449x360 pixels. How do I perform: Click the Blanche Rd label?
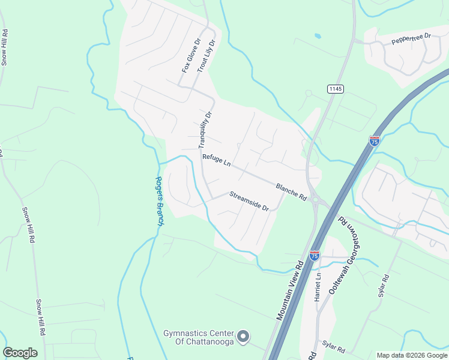coord(292,192)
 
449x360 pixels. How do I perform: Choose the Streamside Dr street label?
coord(249,200)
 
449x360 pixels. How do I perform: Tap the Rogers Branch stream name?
coord(160,200)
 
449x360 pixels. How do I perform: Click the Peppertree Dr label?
coord(411,40)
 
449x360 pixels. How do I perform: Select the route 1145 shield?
coord(335,89)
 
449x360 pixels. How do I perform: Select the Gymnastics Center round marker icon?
coord(243,337)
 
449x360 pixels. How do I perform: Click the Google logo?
coord(20,353)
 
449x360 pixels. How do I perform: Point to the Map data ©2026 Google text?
coord(412,355)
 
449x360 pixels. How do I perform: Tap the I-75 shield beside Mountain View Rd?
coord(314,256)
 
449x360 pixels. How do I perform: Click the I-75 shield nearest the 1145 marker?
coord(374,141)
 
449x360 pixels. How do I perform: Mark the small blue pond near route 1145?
coord(318,36)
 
